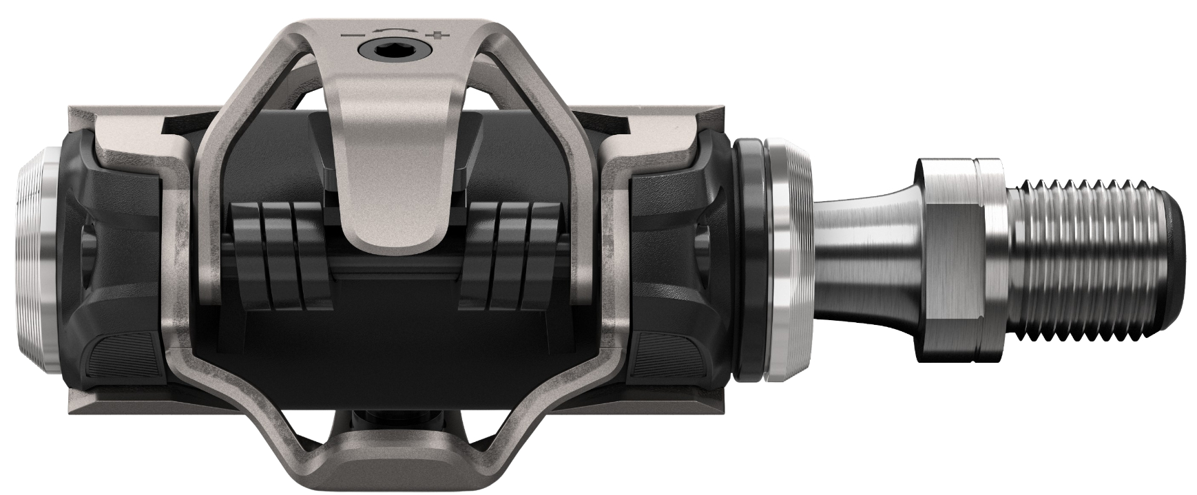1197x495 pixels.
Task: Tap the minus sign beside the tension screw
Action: tap(353, 34)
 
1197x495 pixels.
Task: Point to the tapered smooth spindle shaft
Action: tap(861, 248)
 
